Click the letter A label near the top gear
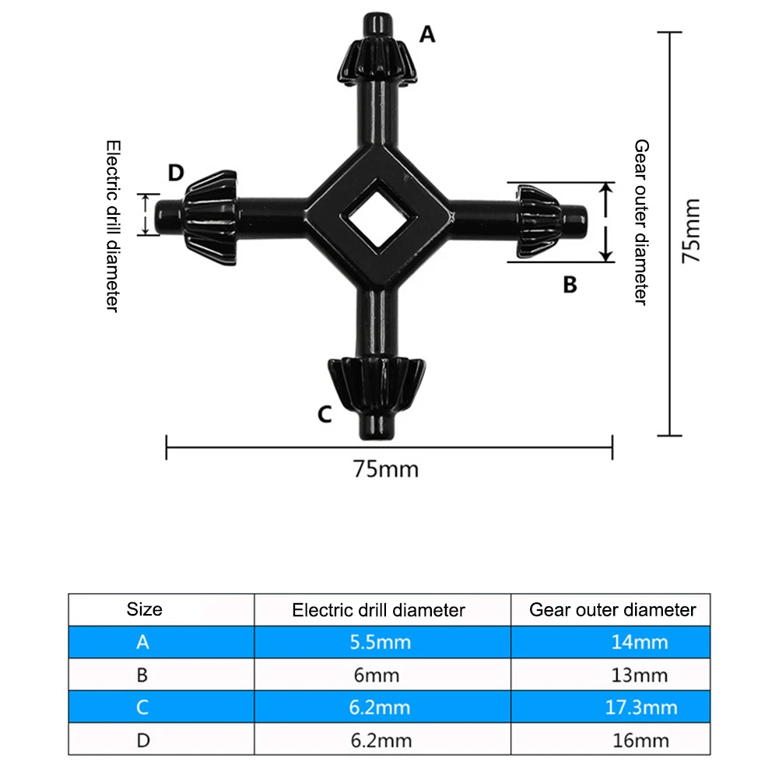click(x=426, y=34)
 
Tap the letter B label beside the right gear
click(x=570, y=285)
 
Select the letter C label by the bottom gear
click(x=325, y=413)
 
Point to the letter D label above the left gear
click(x=176, y=172)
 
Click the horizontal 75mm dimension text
click(x=385, y=469)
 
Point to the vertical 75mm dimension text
click(x=691, y=231)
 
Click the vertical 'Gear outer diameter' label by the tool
click(x=640, y=223)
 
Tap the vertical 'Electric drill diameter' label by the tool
click(x=113, y=226)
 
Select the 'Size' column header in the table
click(x=145, y=609)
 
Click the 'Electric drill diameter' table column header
click(x=378, y=610)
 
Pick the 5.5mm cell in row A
click(x=381, y=643)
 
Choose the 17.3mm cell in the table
click(x=641, y=707)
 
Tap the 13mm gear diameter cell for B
click(x=641, y=675)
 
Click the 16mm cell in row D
click(x=641, y=740)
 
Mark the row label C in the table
click(x=142, y=707)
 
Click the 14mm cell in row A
click(x=641, y=643)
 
